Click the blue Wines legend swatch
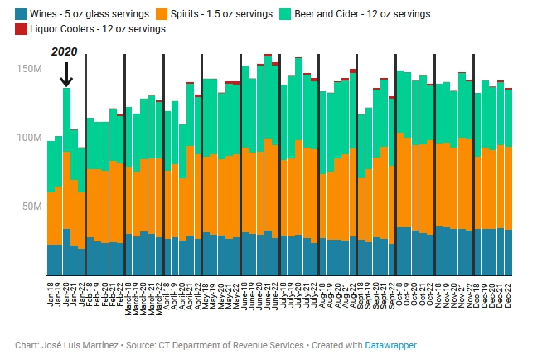[21, 14]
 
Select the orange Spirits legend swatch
[162, 14]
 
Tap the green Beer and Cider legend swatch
[285, 14]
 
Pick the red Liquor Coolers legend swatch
[21, 29]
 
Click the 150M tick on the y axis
[29, 69]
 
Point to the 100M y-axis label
[29, 138]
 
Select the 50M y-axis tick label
[32, 207]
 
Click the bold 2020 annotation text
[65, 51]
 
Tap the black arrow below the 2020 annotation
[66, 75]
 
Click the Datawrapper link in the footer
[390, 345]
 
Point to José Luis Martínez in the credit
[80, 345]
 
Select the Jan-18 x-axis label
[51, 294]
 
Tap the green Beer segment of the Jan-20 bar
[66, 120]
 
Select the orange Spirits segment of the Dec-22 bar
[508, 188]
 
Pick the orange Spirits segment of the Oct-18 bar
[400, 180]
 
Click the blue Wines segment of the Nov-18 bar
[439, 251]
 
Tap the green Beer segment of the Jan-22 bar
[81, 170]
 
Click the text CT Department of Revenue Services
[231, 345]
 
